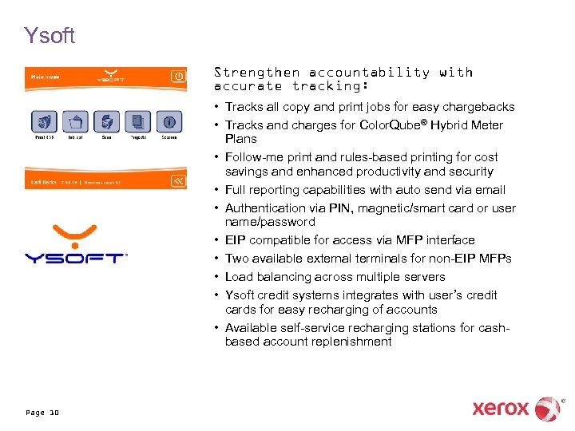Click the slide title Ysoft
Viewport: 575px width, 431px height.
pos(50,36)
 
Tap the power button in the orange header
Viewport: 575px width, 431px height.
pos(178,77)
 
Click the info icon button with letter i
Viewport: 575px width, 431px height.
pos(169,122)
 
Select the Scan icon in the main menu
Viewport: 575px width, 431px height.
pos(105,122)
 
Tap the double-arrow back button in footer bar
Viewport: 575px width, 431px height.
pos(178,181)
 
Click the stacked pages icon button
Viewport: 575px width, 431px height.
pos(138,122)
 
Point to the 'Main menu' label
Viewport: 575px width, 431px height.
pos(45,77)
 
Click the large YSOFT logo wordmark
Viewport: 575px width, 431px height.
pos(75,258)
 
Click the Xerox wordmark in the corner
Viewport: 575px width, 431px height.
pos(501,409)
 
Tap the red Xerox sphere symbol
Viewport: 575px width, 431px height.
pos(547,409)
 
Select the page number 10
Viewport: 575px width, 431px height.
pos(54,413)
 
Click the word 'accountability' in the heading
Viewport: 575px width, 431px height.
pos(369,73)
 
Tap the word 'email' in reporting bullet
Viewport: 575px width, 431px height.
pos(488,190)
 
